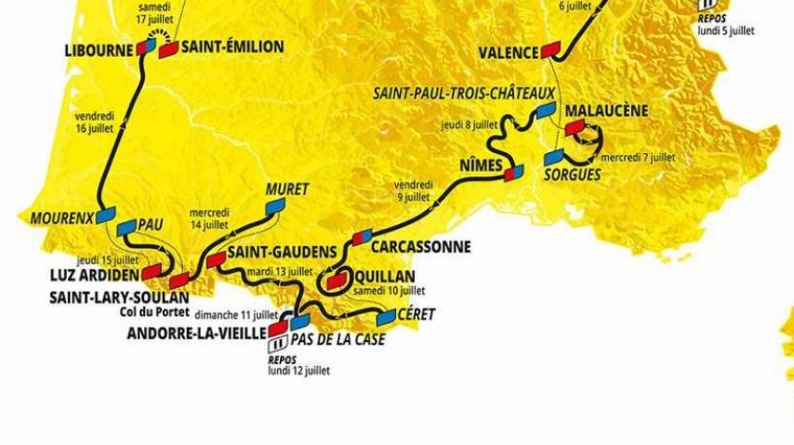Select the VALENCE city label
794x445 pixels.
click(x=509, y=53)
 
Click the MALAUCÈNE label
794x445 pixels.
click(x=605, y=111)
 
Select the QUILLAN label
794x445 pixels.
click(x=384, y=277)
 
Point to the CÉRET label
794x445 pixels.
click(x=416, y=314)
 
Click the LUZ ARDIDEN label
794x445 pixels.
click(x=94, y=276)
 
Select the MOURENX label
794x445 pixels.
click(x=61, y=219)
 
